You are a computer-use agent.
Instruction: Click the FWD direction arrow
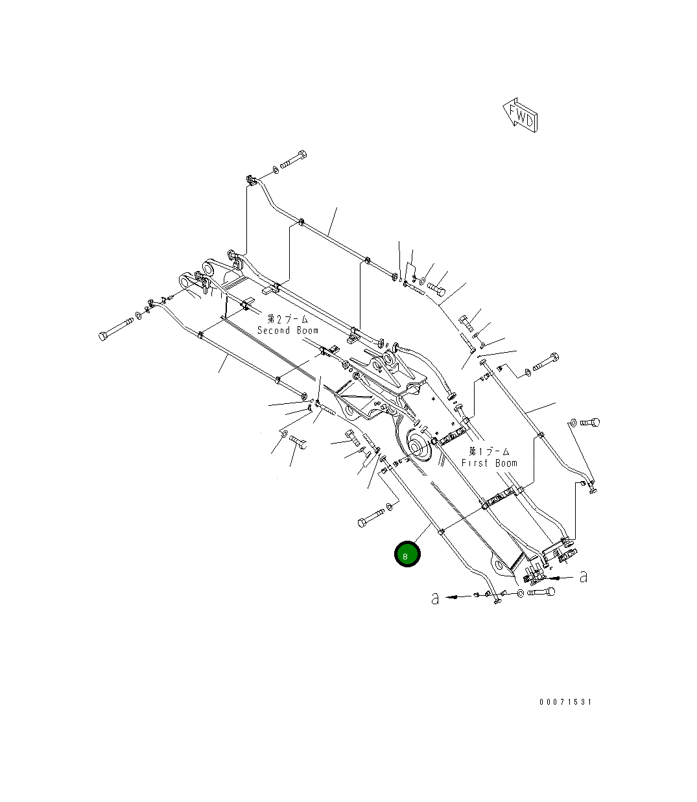pos(520,115)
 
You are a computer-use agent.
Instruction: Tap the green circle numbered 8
pos(407,554)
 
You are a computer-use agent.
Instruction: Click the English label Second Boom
pos(287,331)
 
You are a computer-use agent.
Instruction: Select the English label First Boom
pos(490,463)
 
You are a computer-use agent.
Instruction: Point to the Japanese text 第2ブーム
pos(287,319)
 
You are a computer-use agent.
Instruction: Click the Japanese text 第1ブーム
pos(490,451)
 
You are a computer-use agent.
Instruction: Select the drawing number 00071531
pos(565,702)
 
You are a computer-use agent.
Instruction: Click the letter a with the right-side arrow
pos(584,576)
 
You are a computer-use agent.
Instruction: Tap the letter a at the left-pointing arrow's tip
pos(435,598)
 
